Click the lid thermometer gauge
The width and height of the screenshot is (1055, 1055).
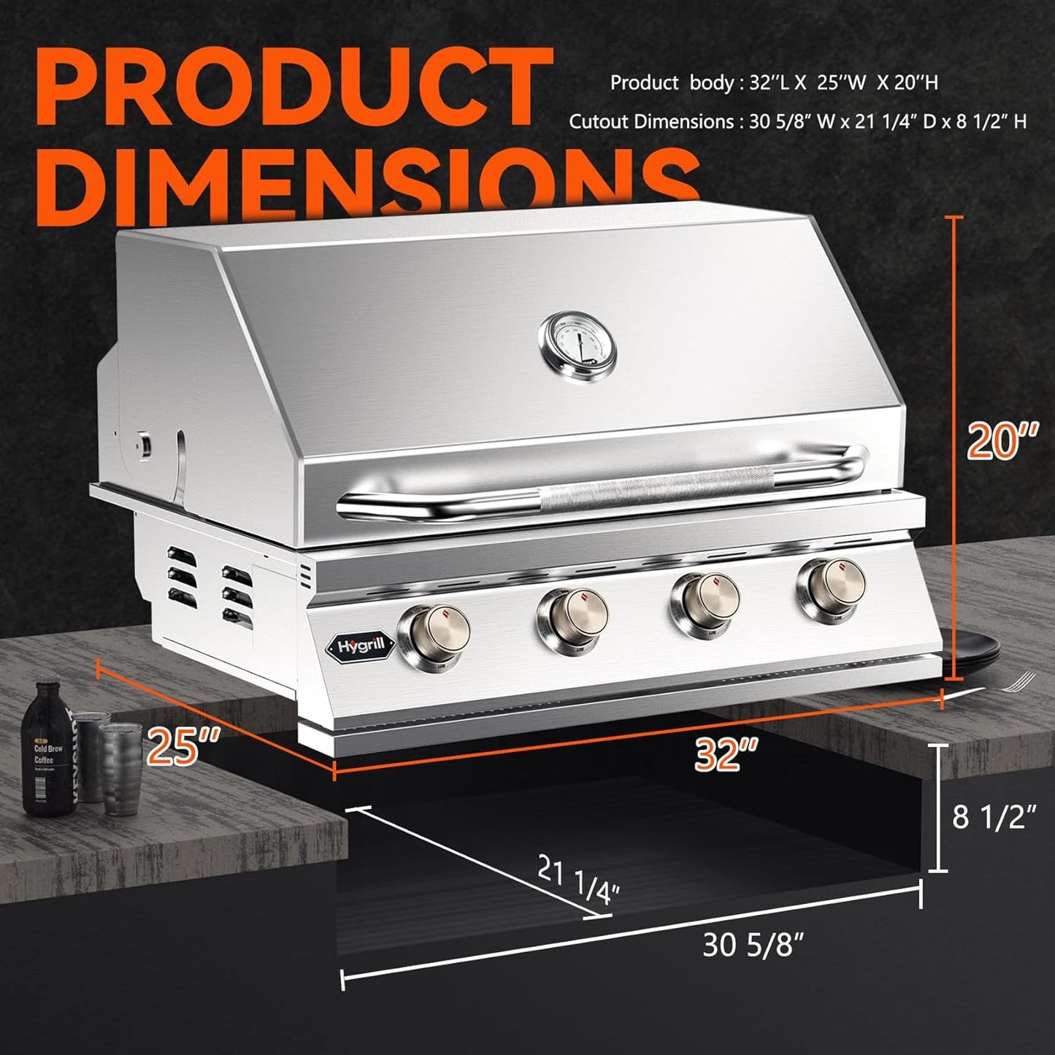(577, 346)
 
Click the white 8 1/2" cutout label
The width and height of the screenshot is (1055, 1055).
(994, 816)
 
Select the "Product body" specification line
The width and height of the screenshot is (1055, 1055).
(774, 83)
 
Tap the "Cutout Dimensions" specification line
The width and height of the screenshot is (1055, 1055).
(797, 121)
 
